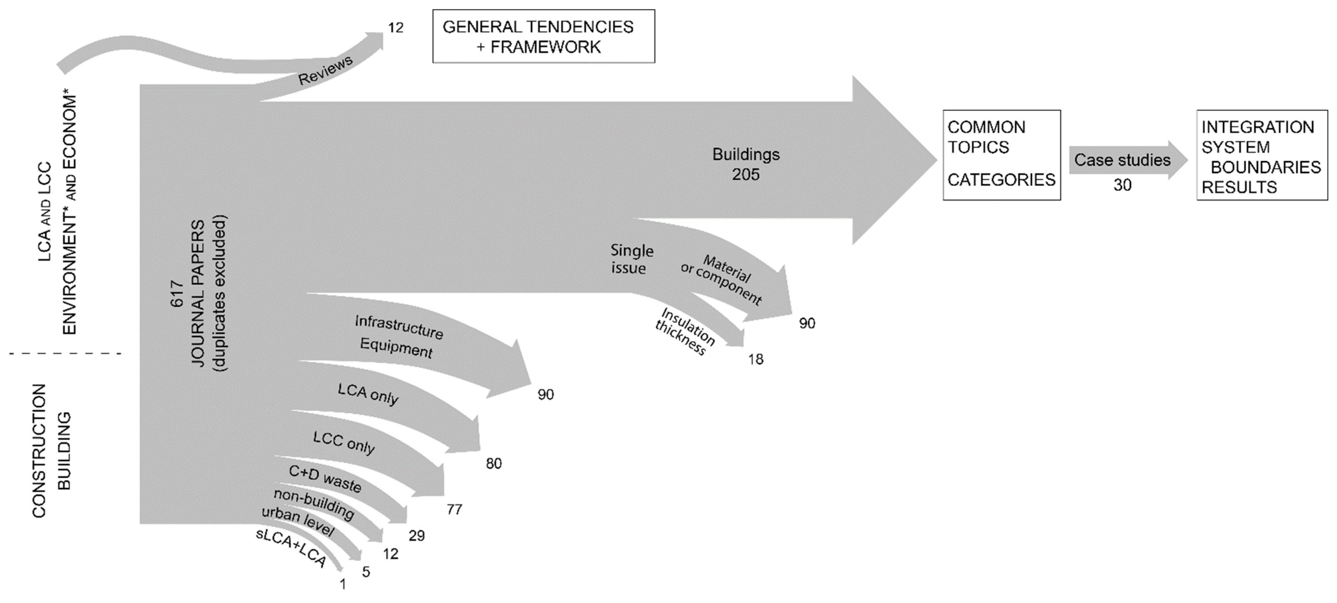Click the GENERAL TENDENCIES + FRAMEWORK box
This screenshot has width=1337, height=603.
pyautogui.click(x=543, y=36)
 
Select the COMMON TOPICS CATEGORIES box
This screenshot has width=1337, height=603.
pyautogui.click(x=1001, y=154)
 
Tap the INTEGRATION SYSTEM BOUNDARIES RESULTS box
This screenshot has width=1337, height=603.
pyautogui.click(x=1261, y=155)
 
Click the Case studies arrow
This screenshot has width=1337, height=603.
pyautogui.click(x=1126, y=160)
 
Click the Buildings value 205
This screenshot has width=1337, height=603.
pyautogui.click(x=746, y=174)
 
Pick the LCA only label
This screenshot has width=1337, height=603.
pyautogui.click(x=368, y=394)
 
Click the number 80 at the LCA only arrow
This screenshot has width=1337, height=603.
pyautogui.click(x=494, y=463)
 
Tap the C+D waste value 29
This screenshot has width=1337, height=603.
pyautogui.click(x=416, y=535)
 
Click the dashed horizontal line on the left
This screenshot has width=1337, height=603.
pyautogui.click(x=65, y=354)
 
